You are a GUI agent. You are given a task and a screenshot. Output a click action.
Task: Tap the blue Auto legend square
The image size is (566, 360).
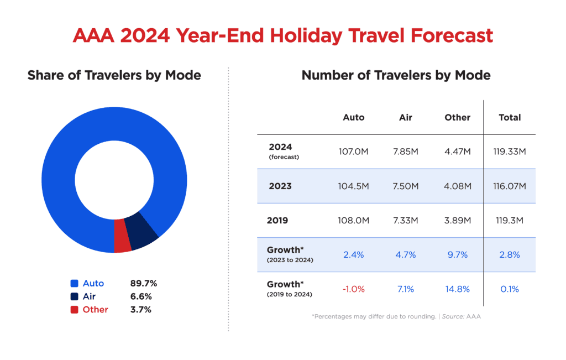tap(74, 283)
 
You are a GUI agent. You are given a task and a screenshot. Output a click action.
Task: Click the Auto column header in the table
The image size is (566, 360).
tap(354, 117)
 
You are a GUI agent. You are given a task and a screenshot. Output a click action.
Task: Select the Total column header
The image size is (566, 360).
tap(510, 117)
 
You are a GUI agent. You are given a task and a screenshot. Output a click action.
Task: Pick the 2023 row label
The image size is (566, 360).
tap(280, 186)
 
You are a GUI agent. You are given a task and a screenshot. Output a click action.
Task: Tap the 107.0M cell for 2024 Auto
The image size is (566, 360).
tap(354, 152)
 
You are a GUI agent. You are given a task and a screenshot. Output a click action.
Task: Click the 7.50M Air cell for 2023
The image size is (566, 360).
tap(405, 186)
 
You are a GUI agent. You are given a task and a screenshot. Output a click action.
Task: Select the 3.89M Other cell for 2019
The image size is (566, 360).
tap(457, 220)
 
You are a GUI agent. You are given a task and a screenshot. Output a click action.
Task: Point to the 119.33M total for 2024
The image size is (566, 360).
tap(510, 152)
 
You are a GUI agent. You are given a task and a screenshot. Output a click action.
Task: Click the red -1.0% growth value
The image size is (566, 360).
tap(354, 289)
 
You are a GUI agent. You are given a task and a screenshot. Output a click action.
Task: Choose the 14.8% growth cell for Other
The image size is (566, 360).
tap(457, 289)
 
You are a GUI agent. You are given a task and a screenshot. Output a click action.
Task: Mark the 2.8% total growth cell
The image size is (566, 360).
tap(510, 254)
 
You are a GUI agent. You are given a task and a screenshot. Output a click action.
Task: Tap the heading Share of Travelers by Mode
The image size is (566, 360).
tap(114, 75)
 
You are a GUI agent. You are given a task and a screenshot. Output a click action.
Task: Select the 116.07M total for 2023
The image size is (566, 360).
tap(510, 186)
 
